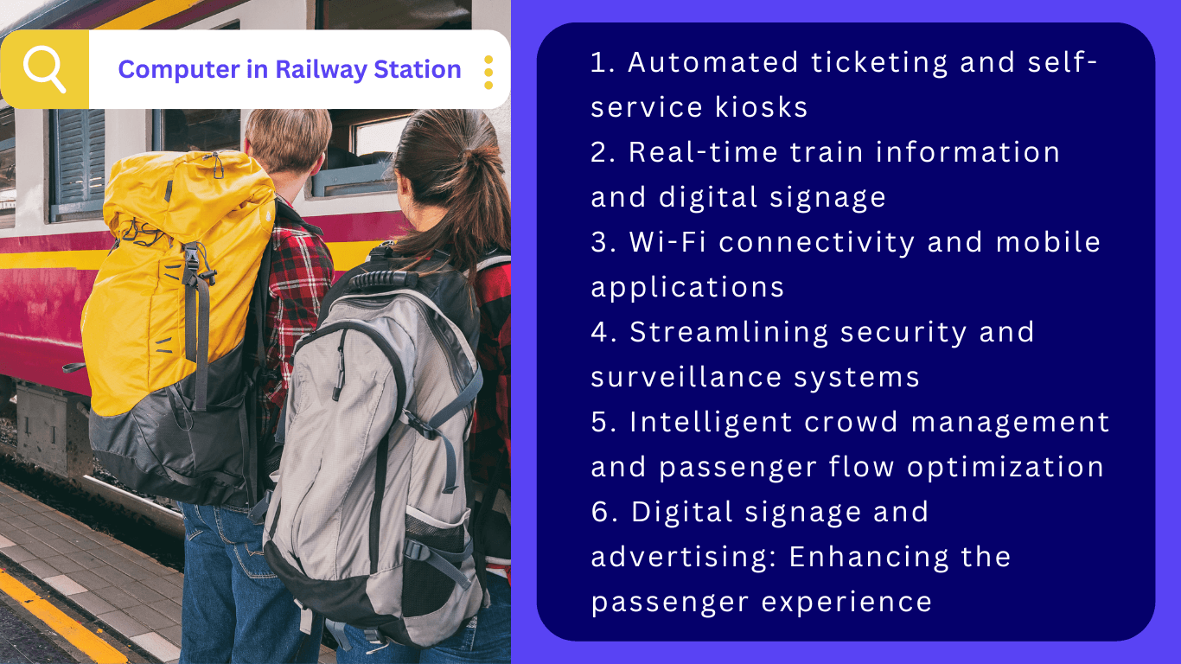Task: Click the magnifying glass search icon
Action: [x=44, y=69]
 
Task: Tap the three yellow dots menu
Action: [x=488, y=72]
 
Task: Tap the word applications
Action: [x=687, y=287]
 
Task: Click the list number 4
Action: [x=603, y=332]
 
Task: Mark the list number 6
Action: [x=603, y=512]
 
